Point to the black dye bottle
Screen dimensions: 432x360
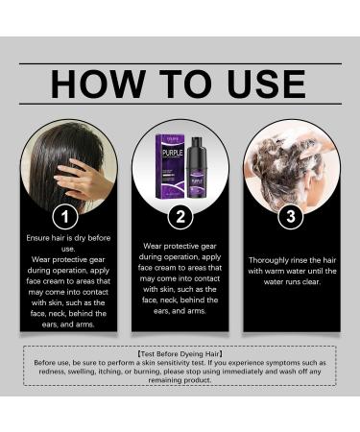(199, 173)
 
